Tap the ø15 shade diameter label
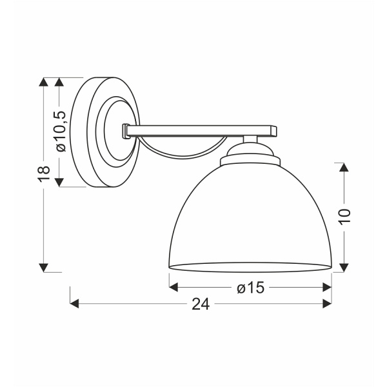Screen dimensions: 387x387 (251, 288)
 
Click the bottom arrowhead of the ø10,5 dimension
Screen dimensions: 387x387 (61, 183)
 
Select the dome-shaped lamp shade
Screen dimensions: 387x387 (250, 219)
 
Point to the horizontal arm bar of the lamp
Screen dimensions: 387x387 (200, 131)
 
